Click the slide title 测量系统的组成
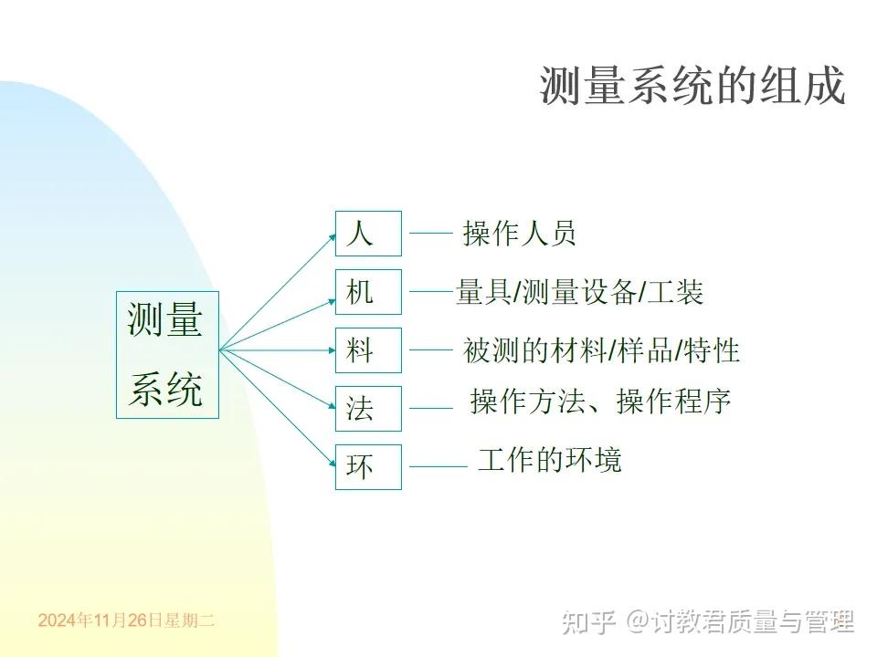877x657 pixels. point(692,87)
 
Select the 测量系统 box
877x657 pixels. point(167,355)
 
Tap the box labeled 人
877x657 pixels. point(368,234)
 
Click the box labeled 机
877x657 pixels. point(368,293)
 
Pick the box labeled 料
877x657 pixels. point(368,350)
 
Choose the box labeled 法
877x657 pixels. point(368,408)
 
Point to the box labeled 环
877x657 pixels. point(368,466)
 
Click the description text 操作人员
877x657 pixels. point(519,234)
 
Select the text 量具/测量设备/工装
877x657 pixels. point(579,293)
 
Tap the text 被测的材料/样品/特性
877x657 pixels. point(601,350)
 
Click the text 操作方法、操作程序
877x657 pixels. point(600,401)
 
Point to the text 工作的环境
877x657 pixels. point(549,459)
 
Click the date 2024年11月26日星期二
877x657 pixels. point(126,620)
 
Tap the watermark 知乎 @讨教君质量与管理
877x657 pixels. point(709,622)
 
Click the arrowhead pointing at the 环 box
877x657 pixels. point(331,465)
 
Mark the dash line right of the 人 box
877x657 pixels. point(430,234)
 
